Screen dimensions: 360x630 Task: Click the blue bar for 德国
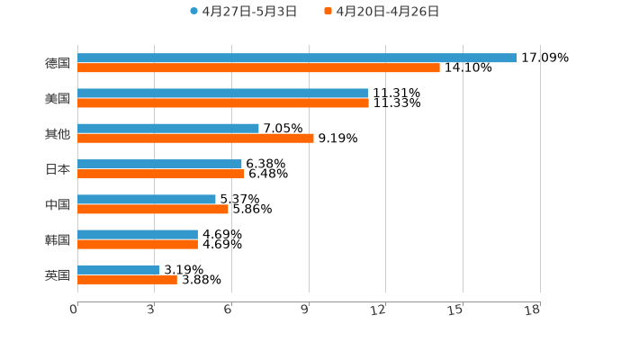pos(297,58)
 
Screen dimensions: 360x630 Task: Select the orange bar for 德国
pos(258,67)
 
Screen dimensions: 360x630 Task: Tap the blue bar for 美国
pos(222,93)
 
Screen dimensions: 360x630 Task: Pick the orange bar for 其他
pos(195,138)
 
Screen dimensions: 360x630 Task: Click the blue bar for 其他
pos(168,128)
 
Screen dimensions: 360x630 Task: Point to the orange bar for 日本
pos(160,174)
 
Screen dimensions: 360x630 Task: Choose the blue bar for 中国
pos(147,199)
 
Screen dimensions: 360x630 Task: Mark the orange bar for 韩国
pos(138,244)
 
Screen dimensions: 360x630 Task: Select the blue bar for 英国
pos(119,269)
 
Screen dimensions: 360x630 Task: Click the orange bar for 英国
pos(127,279)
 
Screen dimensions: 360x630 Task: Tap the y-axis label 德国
pos(57,63)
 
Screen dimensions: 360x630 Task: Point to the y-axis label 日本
pos(57,169)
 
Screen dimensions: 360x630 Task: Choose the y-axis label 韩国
pos(57,239)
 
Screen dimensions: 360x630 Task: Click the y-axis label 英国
pos(57,274)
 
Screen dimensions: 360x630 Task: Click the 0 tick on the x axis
pos(74,310)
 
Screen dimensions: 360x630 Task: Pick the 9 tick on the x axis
pos(305,310)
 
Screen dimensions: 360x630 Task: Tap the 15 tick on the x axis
pos(455,310)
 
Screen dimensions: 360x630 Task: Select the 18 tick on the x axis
pos(533,310)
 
